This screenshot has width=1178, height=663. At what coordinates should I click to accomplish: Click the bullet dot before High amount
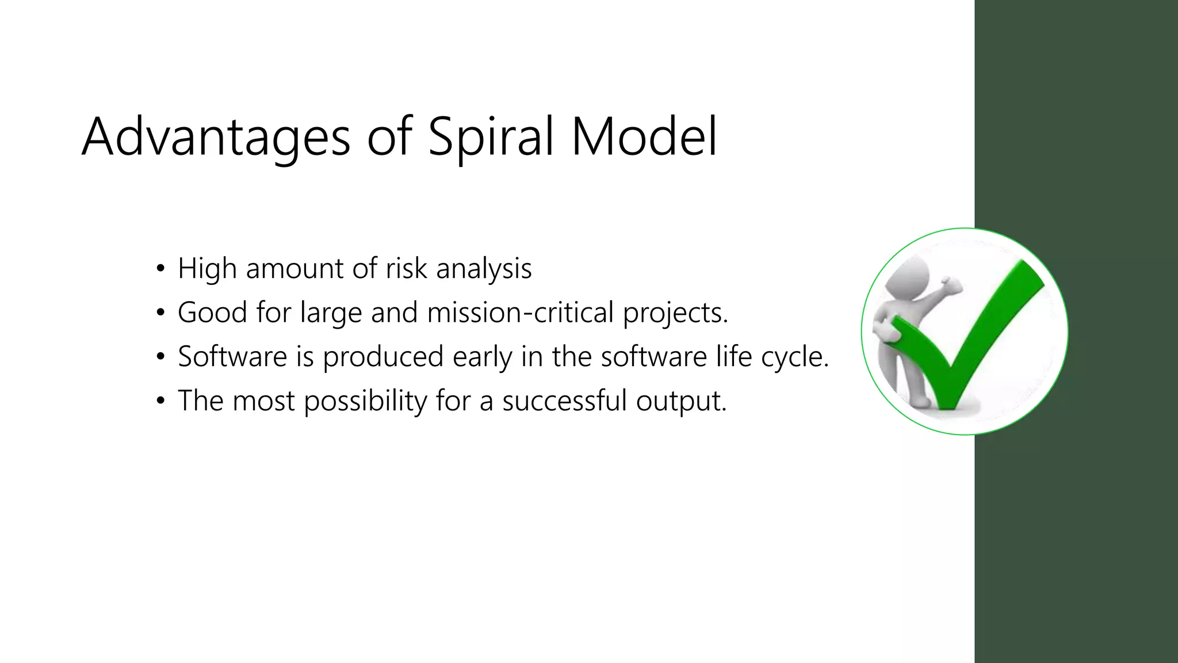(160, 269)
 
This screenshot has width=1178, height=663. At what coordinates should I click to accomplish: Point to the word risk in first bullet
(406, 268)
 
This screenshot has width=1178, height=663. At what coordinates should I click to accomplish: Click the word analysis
(484, 268)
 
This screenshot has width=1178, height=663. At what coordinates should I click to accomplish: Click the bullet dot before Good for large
(160, 313)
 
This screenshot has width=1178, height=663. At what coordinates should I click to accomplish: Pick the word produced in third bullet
(383, 357)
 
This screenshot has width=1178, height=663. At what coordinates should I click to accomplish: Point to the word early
(482, 357)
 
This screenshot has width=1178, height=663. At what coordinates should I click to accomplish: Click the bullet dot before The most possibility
(160, 401)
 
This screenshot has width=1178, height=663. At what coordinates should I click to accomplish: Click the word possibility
(365, 401)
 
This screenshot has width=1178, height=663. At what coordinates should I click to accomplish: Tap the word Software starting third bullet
(232, 356)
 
